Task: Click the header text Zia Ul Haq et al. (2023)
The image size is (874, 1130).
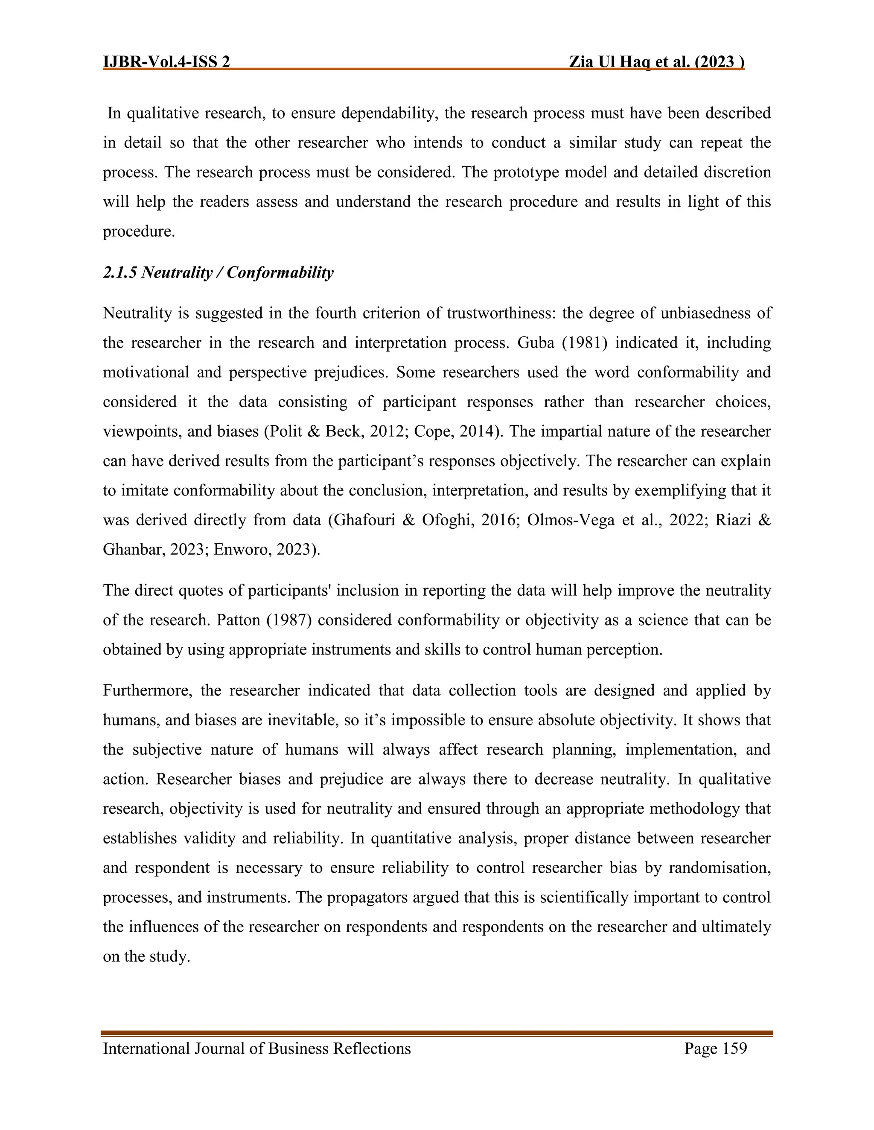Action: [x=656, y=62]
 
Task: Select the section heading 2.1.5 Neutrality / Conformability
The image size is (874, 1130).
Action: [x=218, y=272]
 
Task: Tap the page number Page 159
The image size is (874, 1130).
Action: [x=716, y=1048]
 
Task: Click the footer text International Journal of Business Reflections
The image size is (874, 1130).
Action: [x=256, y=1048]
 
